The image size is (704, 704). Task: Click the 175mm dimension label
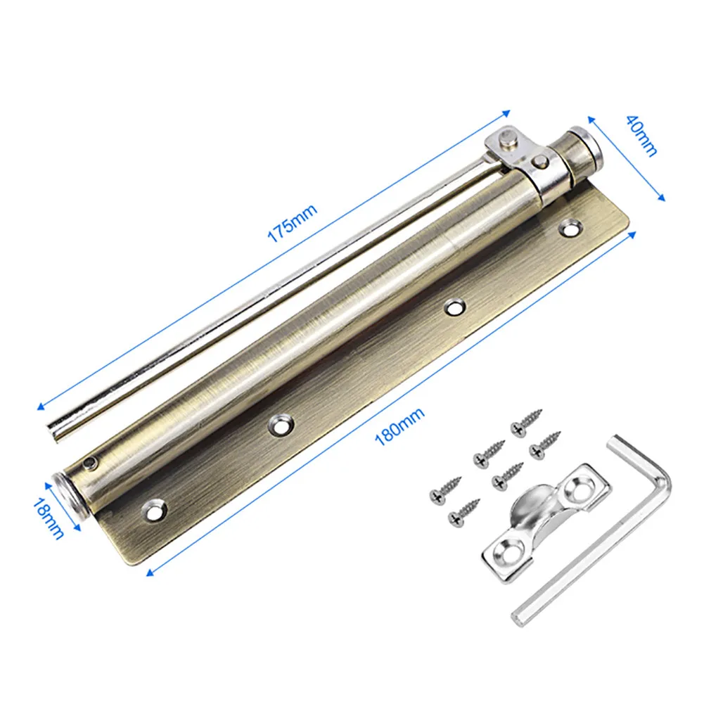(x=293, y=223)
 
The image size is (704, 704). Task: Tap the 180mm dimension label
(x=399, y=426)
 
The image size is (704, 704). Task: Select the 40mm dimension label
(x=642, y=135)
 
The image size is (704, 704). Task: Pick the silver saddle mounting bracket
(x=546, y=523)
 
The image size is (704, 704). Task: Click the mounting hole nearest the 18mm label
(x=155, y=510)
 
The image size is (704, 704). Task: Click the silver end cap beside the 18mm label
(x=68, y=495)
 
